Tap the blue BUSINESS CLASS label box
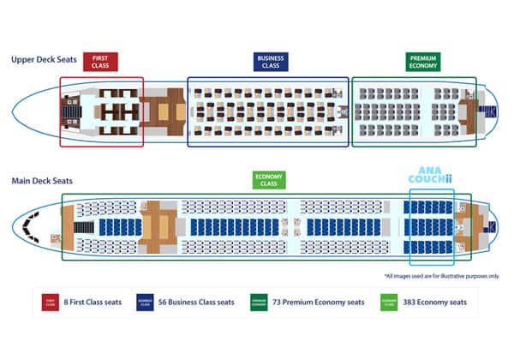(x=270, y=62)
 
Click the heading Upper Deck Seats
(x=44, y=60)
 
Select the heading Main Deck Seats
(x=42, y=181)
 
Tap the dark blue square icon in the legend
(x=146, y=303)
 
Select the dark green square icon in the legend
(x=257, y=303)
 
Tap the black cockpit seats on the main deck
(x=33, y=225)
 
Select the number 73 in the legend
(x=279, y=302)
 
